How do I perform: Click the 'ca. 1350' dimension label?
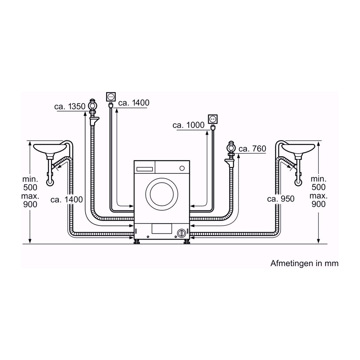69,107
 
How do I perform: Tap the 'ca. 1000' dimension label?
188,125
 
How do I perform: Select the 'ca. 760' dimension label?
252,149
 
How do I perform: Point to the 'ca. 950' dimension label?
280,199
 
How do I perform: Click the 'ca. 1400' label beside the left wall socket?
134,103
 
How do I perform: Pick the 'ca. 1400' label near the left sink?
66,200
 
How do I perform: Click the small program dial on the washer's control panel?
181,168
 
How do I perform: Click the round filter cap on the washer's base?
181,233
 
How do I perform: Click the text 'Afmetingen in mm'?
304,263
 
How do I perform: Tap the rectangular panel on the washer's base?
161,230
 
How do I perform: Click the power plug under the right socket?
212,129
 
